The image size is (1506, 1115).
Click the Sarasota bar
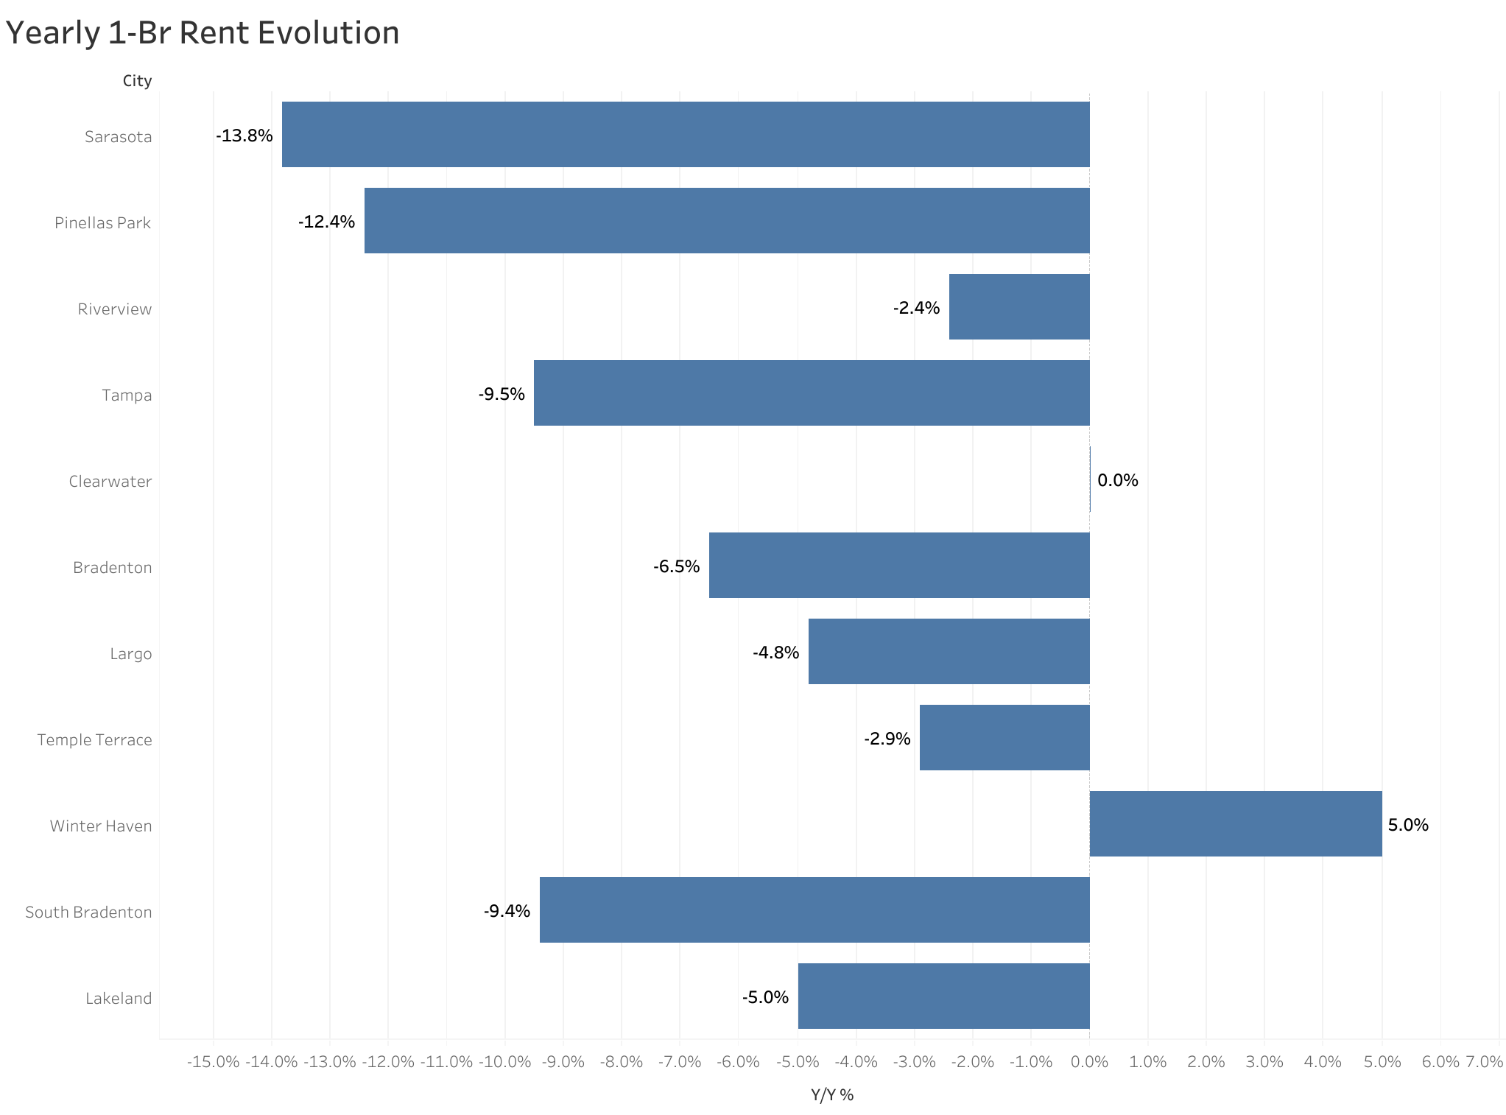coord(685,134)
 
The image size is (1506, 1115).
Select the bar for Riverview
coord(1018,306)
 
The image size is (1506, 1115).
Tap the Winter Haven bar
coord(1235,823)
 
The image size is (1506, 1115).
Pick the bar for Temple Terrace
coord(1004,737)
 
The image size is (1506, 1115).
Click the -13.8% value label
coord(244,136)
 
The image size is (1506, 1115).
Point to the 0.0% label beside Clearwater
coord(1117,480)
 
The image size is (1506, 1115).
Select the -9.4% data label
coord(507,911)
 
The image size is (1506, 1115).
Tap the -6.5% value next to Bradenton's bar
coord(676,566)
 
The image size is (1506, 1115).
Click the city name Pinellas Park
coord(102,222)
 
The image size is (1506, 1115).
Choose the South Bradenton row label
coord(88,912)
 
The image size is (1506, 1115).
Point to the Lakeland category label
coord(119,998)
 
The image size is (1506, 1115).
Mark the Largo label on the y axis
coord(131,653)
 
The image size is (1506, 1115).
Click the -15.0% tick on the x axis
coord(213,1061)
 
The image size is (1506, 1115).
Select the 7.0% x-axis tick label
coord(1484,1061)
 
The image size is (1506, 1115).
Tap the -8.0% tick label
coord(621,1061)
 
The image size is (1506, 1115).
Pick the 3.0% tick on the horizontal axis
coord(1264,1061)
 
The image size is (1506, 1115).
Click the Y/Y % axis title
coord(832,1094)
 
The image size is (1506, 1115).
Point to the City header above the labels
coord(137,80)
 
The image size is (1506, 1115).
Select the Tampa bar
coord(811,393)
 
